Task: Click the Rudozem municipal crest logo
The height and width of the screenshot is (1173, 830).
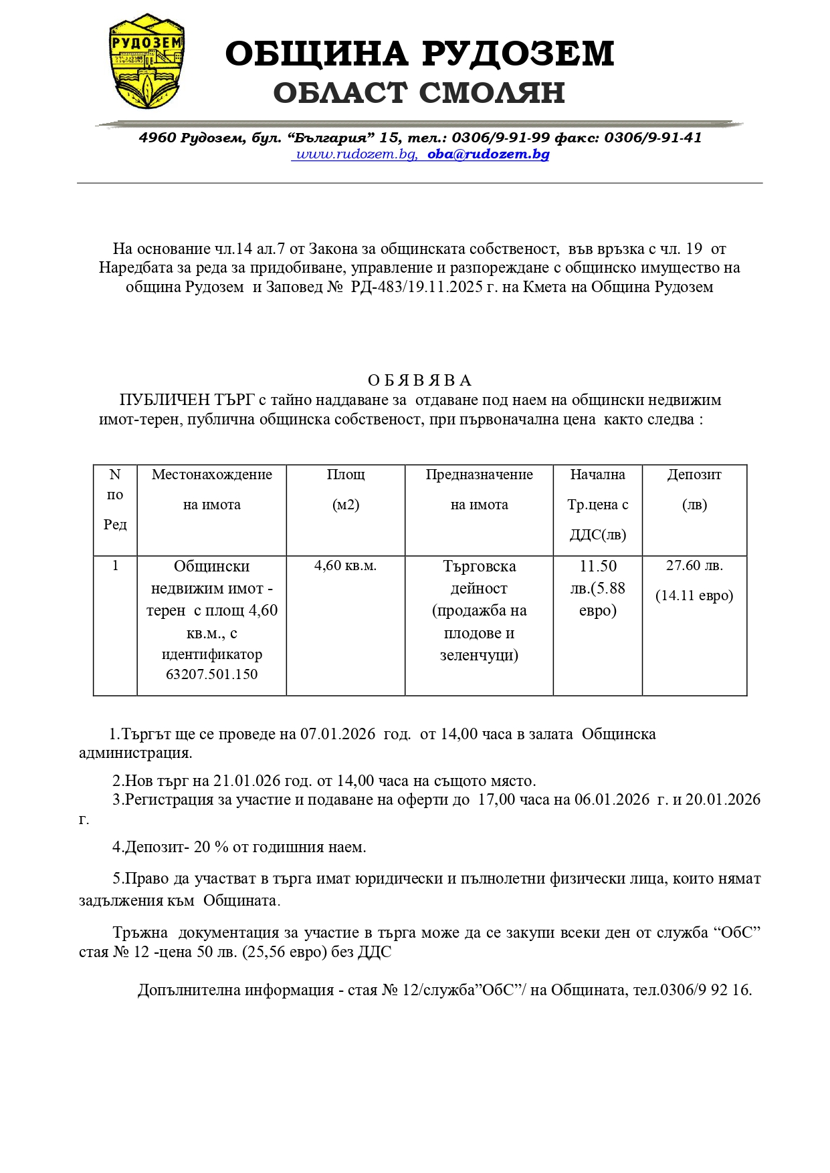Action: point(146,61)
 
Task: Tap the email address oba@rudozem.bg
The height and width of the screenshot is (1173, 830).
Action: point(488,154)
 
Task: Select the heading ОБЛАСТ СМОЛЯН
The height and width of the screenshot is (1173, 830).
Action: point(419,93)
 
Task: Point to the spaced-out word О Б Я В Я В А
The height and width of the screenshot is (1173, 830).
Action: point(419,380)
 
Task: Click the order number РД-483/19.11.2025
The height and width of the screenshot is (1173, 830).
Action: point(417,287)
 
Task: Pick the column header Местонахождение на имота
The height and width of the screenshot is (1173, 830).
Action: point(211,489)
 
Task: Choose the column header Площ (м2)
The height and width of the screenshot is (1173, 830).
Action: point(346,489)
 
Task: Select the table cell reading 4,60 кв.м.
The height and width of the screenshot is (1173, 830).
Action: point(345,566)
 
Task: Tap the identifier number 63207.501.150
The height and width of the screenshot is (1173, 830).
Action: point(211,674)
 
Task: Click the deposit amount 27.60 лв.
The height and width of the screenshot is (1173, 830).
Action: point(694,565)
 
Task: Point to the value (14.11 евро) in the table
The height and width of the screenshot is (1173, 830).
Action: point(694,596)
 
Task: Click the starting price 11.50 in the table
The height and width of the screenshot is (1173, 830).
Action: point(598,566)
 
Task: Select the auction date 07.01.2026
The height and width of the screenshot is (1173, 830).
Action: point(338,734)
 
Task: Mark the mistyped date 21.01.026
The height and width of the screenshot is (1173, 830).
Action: point(243,781)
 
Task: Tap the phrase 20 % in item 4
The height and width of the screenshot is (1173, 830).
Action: point(211,847)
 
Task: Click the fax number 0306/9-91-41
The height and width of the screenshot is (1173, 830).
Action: point(653,138)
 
